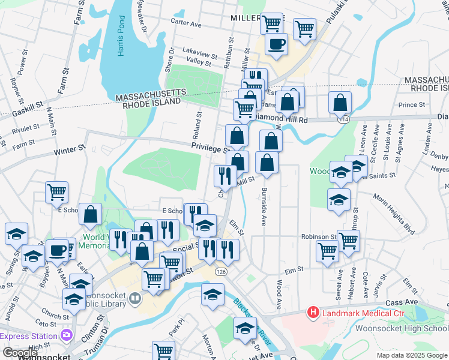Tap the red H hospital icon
pyautogui.click(x=313, y=312)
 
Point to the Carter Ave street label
pyautogui.click(x=186, y=23)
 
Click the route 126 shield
pyautogui.click(x=221, y=272)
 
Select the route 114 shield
pyautogui.click(x=343, y=119)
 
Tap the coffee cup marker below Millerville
pyautogui.click(x=276, y=44)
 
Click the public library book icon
pyautogui.click(x=136, y=298)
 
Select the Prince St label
pyautogui.click(x=411, y=105)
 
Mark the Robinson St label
pyautogui.click(x=319, y=237)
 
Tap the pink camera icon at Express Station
pyautogui.click(x=66, y=334)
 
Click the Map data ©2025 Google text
pyautogui.click(x=411, y=355)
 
